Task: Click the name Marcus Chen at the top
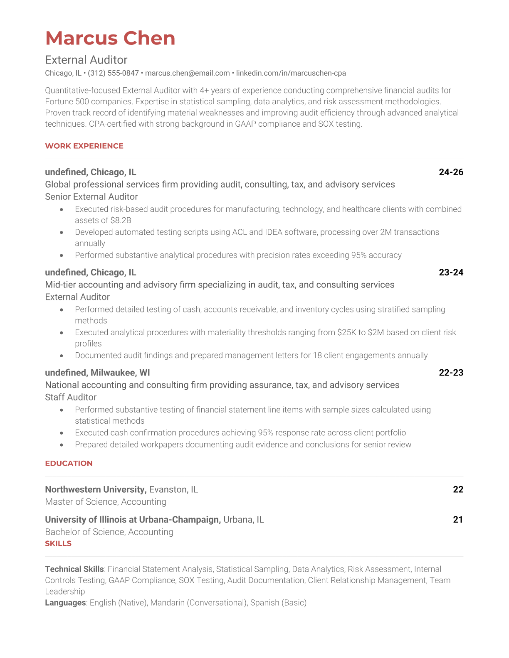tap(110, 38)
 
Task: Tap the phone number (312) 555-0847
tap(113, 73)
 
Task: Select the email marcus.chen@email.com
tap(187, 73)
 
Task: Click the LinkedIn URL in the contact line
tap(291, 73)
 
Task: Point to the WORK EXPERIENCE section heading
tap(84, 146)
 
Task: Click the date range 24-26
tap(451, 172)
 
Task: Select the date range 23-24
tap(451, 272)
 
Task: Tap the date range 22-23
tap(451, 373)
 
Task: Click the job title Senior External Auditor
tap(91, 196)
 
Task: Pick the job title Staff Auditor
tap(71, 397)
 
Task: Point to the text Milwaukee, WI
tap(120, 373)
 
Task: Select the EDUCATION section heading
tap(69, 463)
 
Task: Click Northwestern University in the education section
tap(96, 489)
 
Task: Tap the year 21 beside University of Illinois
tap(458, 520)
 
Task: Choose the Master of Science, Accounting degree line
tap(106, 502)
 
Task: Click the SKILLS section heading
tap(58, 543)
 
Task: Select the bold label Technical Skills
tap(74, 569)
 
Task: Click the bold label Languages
tap(65, 603)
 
